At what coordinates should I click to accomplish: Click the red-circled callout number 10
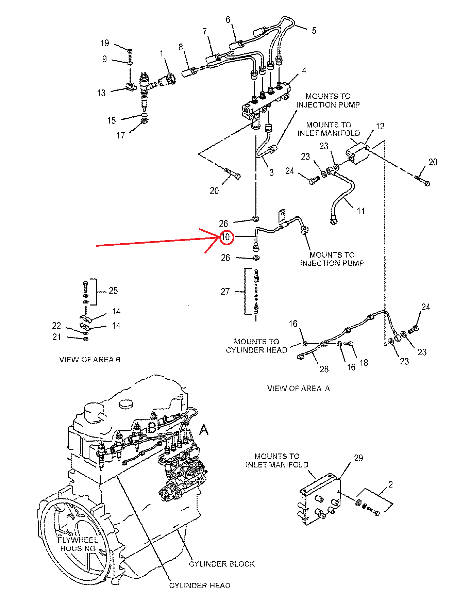[x=226, y=237]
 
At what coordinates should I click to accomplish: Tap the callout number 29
[x=358, y=458]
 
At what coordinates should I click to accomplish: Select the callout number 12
[x=380, y=126]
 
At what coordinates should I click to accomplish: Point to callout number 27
[x=225, y=292]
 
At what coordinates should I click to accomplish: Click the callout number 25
[x=113, y=291]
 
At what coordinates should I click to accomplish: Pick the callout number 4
[x=304, y=70]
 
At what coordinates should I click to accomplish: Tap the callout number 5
[x=314, y=31]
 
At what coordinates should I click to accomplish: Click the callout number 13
[x=101, y=93]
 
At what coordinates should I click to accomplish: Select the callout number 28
[x=324, y=369]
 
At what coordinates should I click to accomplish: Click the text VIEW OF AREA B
[x=90, y=360]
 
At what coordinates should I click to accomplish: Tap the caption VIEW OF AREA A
[x=299, y=388]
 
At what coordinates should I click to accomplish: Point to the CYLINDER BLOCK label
[x=222, y=564]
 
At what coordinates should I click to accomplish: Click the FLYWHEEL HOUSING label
[x=78, y=544]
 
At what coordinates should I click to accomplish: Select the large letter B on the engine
[x=152, y=428]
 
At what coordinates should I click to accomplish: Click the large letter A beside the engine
[x=204, y=430]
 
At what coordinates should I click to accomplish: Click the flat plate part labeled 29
[x=320, y=499]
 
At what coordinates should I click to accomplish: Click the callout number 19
[x=105, y=43]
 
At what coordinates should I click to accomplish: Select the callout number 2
[x=390, y=484]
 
